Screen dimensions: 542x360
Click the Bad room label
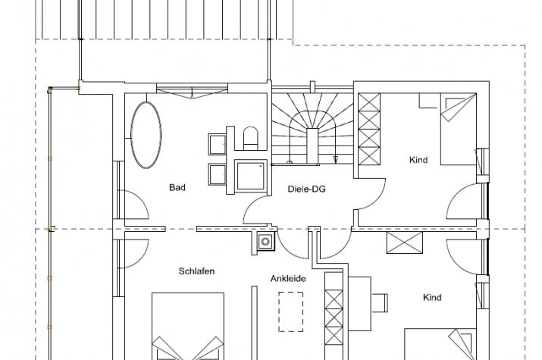(177, 188)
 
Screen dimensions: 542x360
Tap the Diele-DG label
(306, 189)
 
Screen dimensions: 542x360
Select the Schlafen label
(196, 271)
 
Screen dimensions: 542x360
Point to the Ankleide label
(288, 278)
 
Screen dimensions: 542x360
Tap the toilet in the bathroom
(251, 138)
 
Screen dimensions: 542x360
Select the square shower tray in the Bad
(251, 176)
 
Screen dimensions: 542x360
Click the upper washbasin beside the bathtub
(218, 144)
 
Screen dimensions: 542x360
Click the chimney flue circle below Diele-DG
(265, 241)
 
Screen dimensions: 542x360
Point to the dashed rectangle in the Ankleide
(291, 311)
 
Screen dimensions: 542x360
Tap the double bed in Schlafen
(188, 327)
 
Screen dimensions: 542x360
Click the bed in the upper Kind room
(459, 129)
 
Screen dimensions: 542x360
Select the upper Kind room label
(418, 160)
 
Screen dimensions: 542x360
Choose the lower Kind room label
(432, 297)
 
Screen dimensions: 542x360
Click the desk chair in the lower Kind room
(380, 302)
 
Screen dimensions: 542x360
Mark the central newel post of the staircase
(313, 145)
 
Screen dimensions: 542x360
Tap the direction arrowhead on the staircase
(335, 159)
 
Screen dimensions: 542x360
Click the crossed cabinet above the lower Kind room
(405, 243)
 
